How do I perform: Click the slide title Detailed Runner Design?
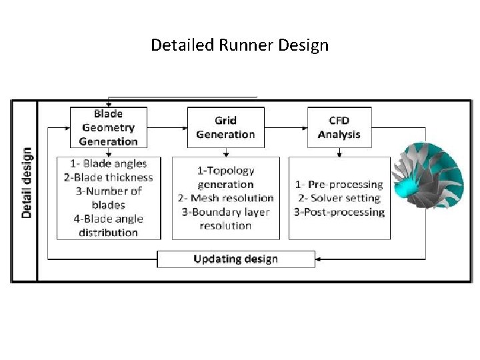pyautogui.click(x=239, y=45)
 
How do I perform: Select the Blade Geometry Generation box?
pyautogui.click(x=108, y=127)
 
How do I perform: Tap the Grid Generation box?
pyautogui.click(x=225, y=127)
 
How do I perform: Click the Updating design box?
pyautogui.click(x=235, y=259)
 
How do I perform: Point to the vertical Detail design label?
pyautogui.click(x=26, y=182)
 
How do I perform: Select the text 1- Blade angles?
pyautogui.click(x=108, y=163)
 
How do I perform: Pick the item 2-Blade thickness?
pyautogui.click(x=108, y=177)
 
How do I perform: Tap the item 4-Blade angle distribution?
pyautogui.click(x=108, y=225)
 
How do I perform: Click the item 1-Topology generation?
pyautogui.click(x=225, y=177)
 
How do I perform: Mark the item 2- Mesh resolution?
pyautogui.click(x=225, y=198)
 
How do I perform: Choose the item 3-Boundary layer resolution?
pyautogui.click(x=225, y=219)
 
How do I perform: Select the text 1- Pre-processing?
pyautogui.click(x=339, y=184)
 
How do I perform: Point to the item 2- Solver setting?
pyautogui.click(x=339, y=198)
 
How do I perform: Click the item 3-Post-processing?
pyautogui.click(x=339, y=212)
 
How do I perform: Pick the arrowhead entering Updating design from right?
pyautogui.click(x=319, y=259)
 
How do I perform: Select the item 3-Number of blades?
pyautogui.click(x=108, y=198)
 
